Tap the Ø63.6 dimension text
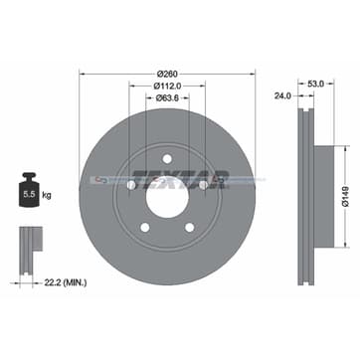(166, 96)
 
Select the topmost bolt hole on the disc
(166, 159)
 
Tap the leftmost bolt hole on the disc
(131, 185)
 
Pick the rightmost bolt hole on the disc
(202, 185)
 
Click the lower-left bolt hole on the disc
(145, 226)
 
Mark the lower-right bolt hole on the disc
(188, 226)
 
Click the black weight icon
(30, 196)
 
